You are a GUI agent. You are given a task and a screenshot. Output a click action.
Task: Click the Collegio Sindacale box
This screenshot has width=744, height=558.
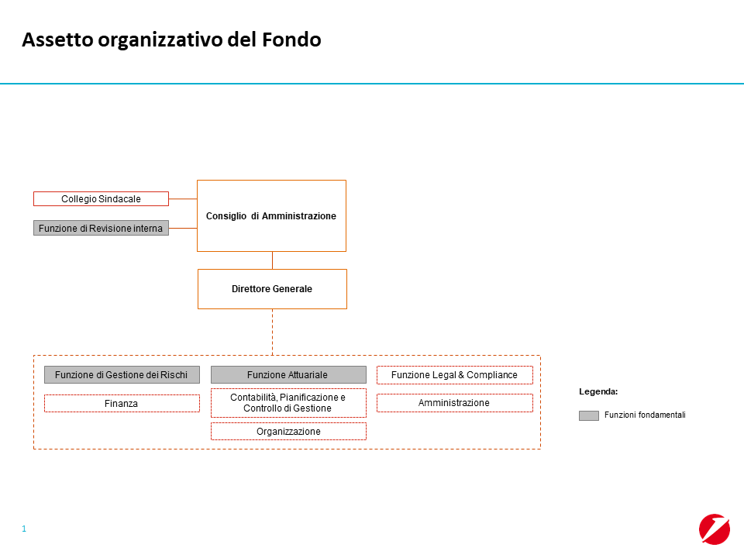coord(101,199)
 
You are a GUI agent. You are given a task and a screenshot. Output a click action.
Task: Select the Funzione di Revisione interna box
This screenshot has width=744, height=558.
coord(101,228)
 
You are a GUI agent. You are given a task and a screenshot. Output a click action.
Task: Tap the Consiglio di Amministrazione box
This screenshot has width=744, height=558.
coord(271,216)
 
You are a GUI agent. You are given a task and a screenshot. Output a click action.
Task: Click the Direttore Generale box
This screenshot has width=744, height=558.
coord(272,289)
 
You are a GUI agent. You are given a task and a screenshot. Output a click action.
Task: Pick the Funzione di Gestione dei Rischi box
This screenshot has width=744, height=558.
coord(122,375)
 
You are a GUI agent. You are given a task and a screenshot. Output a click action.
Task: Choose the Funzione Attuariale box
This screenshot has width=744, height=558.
coord(288,375)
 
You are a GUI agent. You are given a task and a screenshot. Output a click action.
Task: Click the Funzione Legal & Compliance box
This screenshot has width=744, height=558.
coord(455,375)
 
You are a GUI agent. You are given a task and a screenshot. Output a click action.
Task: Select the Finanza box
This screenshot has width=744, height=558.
coord(122,403)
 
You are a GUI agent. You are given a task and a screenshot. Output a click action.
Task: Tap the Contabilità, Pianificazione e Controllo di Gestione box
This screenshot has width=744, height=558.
coord(288,403)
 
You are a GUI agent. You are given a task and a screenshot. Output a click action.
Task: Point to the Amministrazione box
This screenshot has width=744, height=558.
coord(455,403)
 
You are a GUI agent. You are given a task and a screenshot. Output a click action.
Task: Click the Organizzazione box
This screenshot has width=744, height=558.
coord(288,432)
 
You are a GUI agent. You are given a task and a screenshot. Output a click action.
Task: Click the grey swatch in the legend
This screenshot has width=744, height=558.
coord(589,415)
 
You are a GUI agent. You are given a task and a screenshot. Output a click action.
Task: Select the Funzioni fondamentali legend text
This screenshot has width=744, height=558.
coord(645,415)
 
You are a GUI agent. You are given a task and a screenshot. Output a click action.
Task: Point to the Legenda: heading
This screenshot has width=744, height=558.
coord(598,392)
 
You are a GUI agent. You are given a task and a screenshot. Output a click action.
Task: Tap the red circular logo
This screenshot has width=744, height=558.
coord(715,529)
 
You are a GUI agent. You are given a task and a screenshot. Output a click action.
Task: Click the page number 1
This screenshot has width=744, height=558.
coord(24,529)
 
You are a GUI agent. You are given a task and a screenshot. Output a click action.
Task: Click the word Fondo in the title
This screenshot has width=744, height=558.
coord(292,40)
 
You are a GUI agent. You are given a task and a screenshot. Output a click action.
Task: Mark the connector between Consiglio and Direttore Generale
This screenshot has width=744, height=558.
coord(272,260)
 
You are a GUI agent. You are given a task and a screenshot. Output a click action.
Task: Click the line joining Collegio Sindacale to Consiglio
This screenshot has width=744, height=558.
coord(183,199)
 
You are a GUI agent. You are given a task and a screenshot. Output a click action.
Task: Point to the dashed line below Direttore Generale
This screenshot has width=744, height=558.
coord(272,332)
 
